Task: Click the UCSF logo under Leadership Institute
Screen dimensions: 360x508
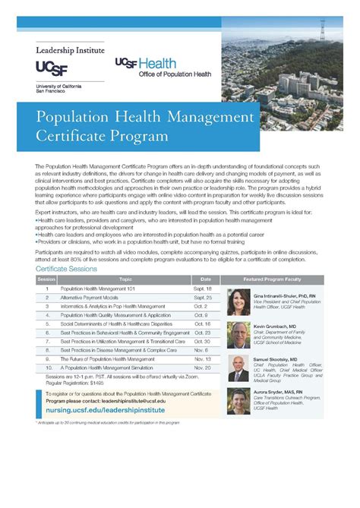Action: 53,68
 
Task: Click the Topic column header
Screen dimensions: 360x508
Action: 125,279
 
